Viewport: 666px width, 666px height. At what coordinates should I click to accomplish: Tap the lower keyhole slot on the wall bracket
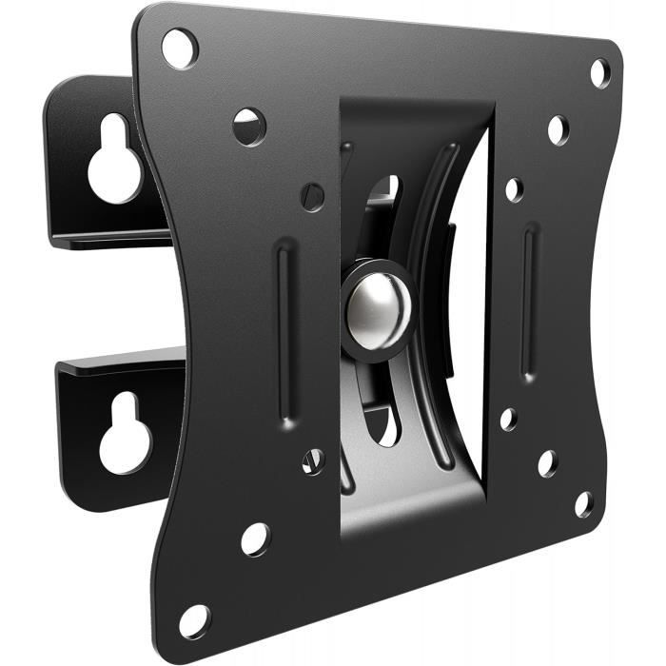124,434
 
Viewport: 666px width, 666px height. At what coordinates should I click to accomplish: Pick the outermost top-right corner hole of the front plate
599,72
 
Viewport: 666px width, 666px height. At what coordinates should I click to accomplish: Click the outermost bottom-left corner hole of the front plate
194,620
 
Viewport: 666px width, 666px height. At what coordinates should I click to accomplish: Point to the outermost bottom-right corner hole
584,504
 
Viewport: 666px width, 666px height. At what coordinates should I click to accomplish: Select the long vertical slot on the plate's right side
530,302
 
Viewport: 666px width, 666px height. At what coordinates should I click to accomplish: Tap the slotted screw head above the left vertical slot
313,197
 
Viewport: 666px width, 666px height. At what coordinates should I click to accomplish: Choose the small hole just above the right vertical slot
514,189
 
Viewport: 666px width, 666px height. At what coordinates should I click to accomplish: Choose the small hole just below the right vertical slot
509,419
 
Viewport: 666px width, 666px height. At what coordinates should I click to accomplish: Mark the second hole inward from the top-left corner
249,127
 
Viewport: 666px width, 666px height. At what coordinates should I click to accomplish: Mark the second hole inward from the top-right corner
558,129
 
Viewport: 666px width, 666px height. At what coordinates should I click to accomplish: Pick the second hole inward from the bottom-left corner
255,539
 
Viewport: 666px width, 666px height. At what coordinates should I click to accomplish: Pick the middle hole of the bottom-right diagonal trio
547,463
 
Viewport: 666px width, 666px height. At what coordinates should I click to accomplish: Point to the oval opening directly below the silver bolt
385,423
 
